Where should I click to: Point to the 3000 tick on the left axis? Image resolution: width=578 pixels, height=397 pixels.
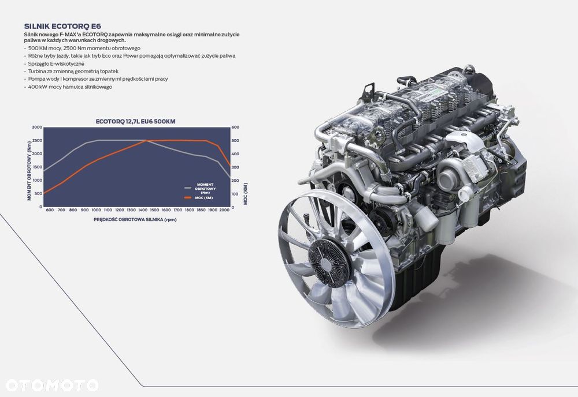[x=37, y=127]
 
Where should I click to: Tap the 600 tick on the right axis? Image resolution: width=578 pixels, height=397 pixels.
[x=235, y=127]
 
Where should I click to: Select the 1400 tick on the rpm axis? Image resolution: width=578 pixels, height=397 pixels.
[x=143, y=210]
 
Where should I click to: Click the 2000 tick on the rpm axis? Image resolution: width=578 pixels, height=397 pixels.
[x=224, y=210]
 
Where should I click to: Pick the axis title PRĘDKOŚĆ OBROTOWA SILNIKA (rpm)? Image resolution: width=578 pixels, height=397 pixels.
[x=135, y=220]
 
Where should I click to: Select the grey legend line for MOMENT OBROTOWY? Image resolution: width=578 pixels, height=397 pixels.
[x=188, y=187]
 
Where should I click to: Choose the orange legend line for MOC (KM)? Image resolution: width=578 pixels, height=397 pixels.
[x=188, y=197]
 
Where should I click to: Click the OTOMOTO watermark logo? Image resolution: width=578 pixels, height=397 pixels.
[x=52, y=385]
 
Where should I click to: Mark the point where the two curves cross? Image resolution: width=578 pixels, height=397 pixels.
[x=146, y=141]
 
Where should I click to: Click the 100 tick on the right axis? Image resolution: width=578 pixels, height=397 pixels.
[x=235, y=193]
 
